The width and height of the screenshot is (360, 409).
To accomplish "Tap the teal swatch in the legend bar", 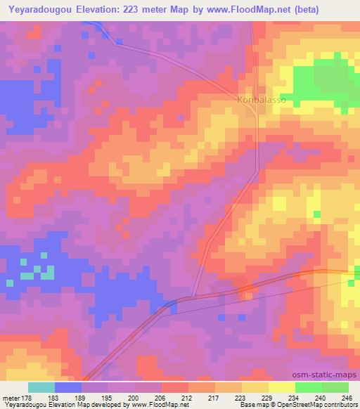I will coord(41,387).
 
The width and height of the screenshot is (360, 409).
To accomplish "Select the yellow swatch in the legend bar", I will coord(281,387).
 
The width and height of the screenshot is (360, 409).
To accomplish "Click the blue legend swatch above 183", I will coord(68,387).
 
